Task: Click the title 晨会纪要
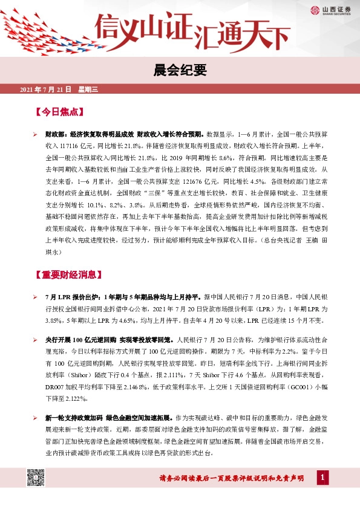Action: [x=180, y=71]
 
